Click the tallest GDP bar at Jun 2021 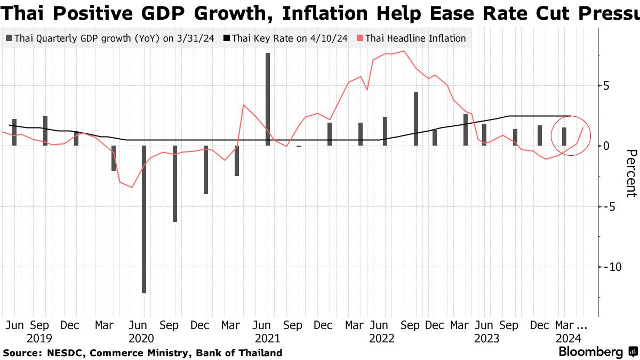(267, 99)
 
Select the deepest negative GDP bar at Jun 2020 (143, 219)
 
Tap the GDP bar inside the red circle (564, 137)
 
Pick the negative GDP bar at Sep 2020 (174, 183)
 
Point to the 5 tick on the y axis (606, 85)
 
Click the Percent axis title (631, 173)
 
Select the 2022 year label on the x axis (382, 338)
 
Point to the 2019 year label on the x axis (39, 338)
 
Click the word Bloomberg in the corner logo (590, 352)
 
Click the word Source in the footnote (21, 353)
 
